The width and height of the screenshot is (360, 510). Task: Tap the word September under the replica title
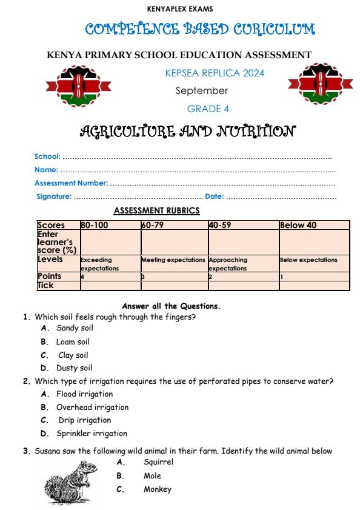pos(202,91)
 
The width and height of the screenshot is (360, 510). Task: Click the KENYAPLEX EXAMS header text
pos(179,9)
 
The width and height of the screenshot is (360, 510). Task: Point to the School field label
pos(47,157)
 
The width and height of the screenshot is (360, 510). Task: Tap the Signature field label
pos(54,196)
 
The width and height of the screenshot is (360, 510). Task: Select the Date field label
pos(214,196)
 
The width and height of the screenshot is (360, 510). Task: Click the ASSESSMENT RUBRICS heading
pos(156,211)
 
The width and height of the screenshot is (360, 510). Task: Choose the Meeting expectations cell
pos(173,260)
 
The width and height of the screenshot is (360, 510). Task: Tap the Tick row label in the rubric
pos(45,285)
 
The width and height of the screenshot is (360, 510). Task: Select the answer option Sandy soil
pos(75,328)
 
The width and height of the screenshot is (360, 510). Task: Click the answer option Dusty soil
pos(74,368)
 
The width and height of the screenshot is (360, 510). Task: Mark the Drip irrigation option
pos(84,420)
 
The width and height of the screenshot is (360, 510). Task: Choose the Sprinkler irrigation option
pos(92,434)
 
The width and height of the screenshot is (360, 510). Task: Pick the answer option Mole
pos(152,476)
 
